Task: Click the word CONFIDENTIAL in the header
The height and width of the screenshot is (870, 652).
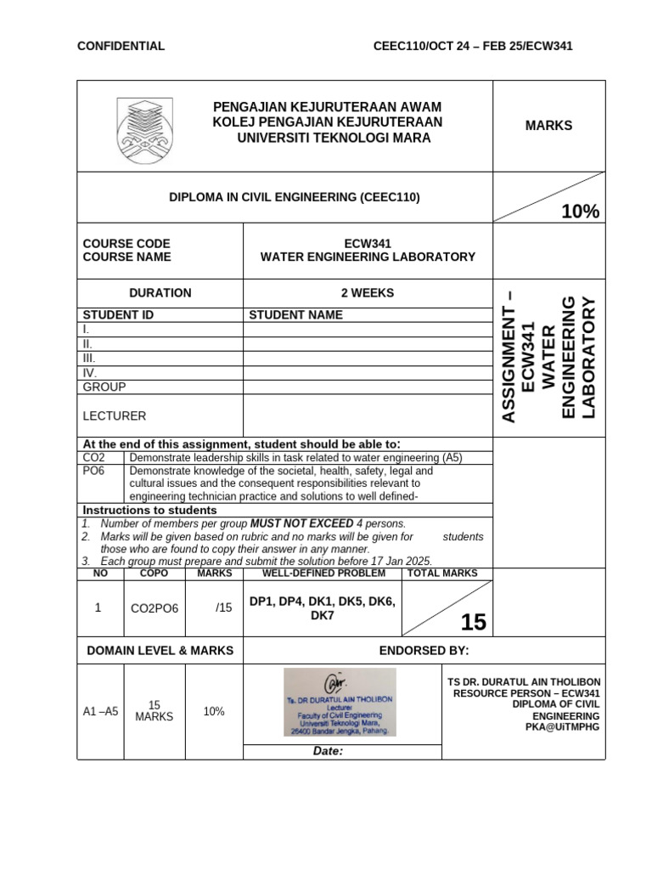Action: pyautogui.click(x=121, y=46)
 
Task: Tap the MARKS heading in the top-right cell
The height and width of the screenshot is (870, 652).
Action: pyautogui.click(x=548, y=126)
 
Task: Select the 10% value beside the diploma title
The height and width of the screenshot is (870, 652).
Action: pyautogui.click(x=580, y=212)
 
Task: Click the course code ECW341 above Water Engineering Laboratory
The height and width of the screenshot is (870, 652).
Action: pyautogui.click(x=368, y=243)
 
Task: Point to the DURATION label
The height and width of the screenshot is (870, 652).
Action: pyautogui.click(x=160, y=293)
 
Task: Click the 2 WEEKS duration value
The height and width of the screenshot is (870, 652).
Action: pyautogui.click(x=368, y=293)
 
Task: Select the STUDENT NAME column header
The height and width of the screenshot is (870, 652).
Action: pyautogui.click(x=295, y=315)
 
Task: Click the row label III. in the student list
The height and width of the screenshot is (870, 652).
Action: pyautogui.click(x=89, y=359)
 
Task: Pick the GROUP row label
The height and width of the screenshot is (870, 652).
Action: pyautogui.click(x=104, y=387)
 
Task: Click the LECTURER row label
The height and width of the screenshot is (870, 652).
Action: pyautogui.click(x=114, y=416)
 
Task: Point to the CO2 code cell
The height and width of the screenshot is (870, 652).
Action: pyautogui.click(x=94, y=458)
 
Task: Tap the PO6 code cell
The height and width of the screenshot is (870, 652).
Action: pyautogui.click(x=94, y=471)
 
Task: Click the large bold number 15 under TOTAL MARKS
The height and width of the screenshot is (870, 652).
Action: pyautogui.click(x=473, y=623)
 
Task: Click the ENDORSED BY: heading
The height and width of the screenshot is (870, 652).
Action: pyautogui.click(x=424, y=651)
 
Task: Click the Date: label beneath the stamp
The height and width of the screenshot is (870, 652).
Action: pyautogui.click(x=329, y=752)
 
